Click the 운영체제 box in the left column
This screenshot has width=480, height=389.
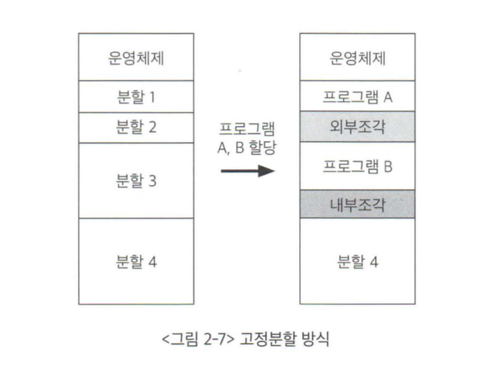tap(137, 57)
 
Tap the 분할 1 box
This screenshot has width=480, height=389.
tap(137, 97)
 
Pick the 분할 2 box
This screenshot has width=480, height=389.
tap(137, 128)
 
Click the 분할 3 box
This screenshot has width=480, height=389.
tap(137, 180)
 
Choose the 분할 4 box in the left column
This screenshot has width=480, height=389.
tap(137, 261)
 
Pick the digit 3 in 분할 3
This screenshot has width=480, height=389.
tap(152, 180)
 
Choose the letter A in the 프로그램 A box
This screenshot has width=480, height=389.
tap(388, 97)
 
